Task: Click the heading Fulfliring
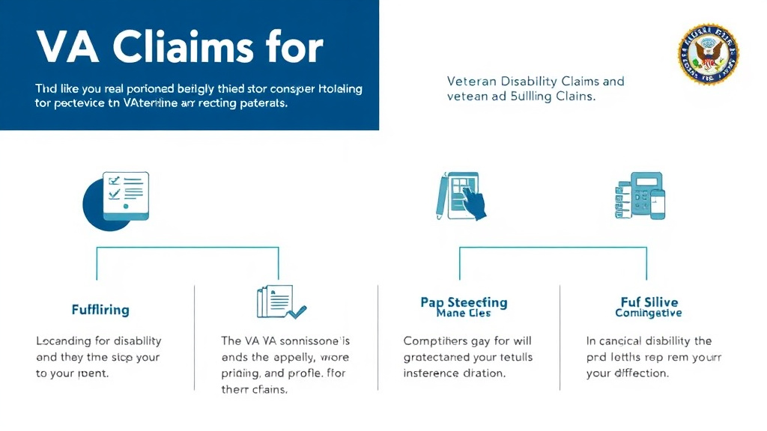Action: [100, 309]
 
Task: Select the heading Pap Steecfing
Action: [464, 302]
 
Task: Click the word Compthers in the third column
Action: [435, 341]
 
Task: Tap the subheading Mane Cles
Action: [464, 314]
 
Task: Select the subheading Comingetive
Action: [648, 314]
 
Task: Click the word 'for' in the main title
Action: [295, 48]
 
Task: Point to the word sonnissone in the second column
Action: [306, 341]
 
